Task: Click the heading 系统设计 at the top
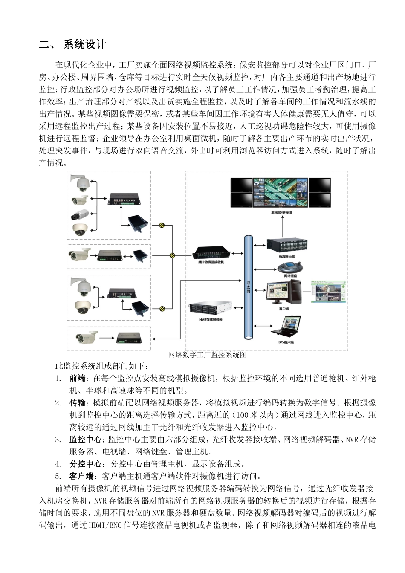(84, 44)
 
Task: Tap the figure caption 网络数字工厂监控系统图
(207, 355)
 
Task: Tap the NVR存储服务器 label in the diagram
(210, 319)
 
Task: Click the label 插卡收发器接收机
(211, 262)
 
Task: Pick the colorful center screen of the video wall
(280, 192)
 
